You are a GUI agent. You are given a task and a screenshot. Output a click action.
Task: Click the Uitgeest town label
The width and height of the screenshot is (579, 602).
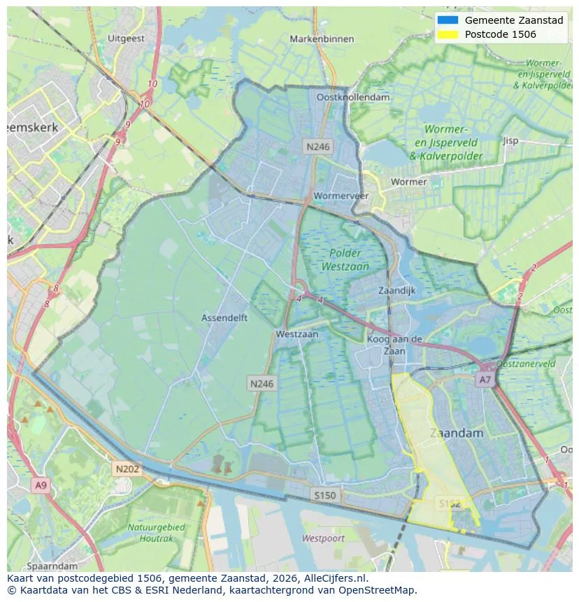[x=127, y=38]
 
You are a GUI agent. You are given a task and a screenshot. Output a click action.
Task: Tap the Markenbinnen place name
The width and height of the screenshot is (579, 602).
[x=322, y=39]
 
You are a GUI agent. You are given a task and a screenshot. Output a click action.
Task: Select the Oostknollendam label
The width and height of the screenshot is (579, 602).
[x=353, y=97]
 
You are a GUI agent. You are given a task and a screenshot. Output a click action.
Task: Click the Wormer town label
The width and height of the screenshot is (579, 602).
[x=409, y=182]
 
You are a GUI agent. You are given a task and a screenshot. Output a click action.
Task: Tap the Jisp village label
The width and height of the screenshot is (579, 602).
[x=510, y=141]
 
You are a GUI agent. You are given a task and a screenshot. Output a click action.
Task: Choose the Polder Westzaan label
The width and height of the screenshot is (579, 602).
[x=345, y=259]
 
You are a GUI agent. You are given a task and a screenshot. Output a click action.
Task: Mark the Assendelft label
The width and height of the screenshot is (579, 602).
[x=224, y=317]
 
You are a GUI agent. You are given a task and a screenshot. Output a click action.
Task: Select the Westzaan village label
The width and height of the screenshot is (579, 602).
[x=296, y=334]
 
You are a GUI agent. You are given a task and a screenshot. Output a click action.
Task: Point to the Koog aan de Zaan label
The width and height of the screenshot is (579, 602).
[x=394, y=345]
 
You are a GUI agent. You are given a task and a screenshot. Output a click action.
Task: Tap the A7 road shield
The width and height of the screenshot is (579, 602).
[x=485, y=380]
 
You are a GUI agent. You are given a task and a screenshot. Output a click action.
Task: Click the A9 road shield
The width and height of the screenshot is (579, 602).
[x=41, y=485]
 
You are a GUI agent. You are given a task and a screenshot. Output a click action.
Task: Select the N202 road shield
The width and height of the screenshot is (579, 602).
[x=127, y=469]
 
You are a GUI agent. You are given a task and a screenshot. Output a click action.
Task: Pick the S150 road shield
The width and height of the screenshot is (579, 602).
[x=325, y=495]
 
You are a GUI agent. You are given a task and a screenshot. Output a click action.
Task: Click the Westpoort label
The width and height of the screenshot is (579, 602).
[x=323, y=538]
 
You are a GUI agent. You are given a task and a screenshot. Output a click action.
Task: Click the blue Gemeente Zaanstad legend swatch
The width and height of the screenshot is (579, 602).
[x=448, y=20]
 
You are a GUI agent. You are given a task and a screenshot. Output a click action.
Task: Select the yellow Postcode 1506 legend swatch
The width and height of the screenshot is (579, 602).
[x=448, y=34]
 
